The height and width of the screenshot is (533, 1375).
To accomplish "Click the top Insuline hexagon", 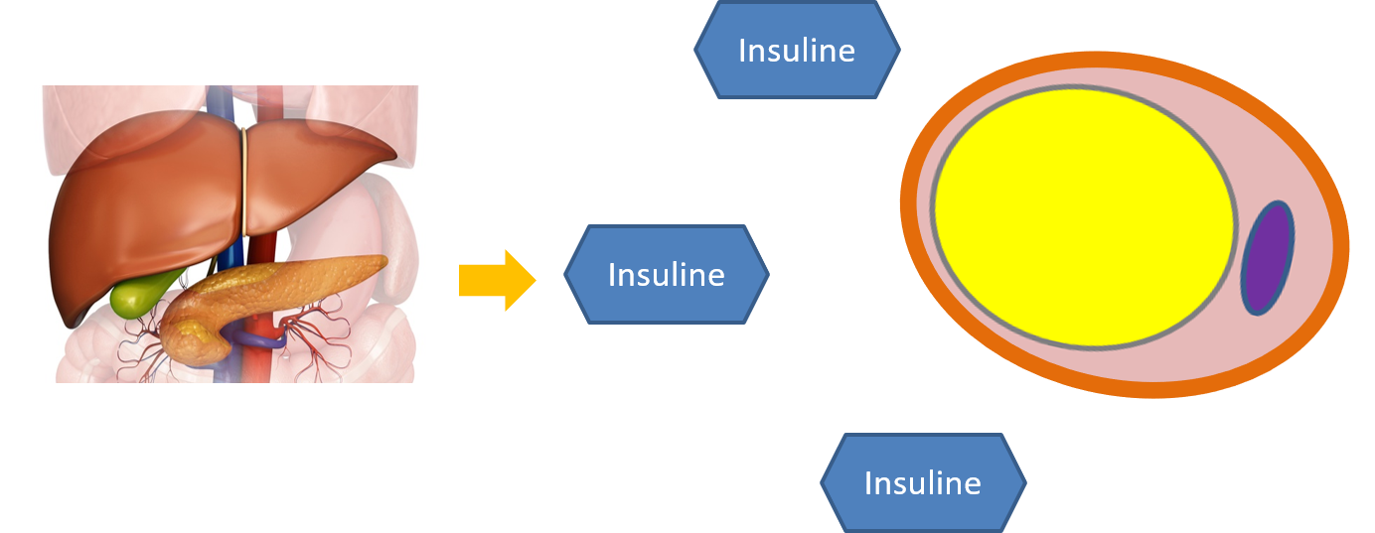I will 797,50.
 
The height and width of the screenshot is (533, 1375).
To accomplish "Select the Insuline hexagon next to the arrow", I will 666,274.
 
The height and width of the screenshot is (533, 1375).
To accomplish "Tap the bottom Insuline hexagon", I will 923,482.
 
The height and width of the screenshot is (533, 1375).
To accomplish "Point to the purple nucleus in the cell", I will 1268,258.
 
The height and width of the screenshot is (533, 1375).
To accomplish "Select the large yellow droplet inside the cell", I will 1083,216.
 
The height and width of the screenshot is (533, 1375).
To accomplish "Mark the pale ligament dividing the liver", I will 243,184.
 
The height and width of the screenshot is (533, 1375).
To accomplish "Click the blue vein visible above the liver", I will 220,104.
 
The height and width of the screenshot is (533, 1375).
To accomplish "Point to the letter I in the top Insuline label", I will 741,50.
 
